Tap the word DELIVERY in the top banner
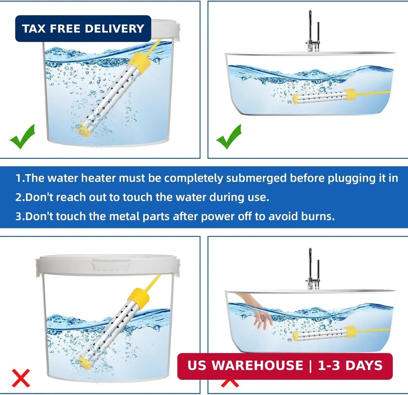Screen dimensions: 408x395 pos(115,29)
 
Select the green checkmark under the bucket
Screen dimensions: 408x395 pos(22,136)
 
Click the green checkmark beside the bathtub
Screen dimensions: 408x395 pos(229,136)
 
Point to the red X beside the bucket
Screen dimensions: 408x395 pos(21,378)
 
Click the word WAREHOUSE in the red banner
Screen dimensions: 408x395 pos(257,366)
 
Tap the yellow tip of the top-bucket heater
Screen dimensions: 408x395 pos(83,130)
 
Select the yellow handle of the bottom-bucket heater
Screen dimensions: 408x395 pos(139,298)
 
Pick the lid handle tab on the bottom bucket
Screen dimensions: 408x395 pos(111,265)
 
